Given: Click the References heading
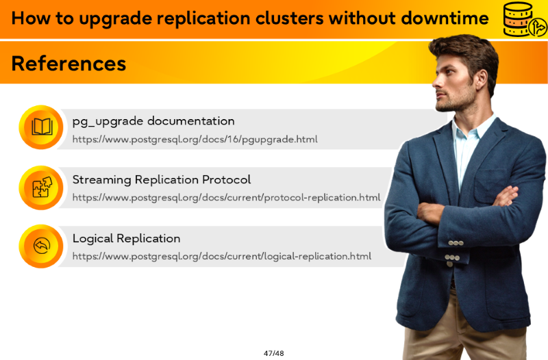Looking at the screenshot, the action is coord(68,64).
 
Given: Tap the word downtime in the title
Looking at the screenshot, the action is coord(445,18).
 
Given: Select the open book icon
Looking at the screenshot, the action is coord(42,127).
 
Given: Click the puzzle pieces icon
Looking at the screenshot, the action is coord(42,187).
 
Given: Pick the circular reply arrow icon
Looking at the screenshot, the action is coord(42,246).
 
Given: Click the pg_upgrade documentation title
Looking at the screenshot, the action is coord(153,122).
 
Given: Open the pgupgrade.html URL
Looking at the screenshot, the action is coord(195,140).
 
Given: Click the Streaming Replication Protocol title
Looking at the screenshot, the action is coord(162,180).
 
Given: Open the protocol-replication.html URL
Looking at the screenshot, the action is coord(226,198).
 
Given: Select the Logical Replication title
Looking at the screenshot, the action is coord(126,238).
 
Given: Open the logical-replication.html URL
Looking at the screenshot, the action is coord(221,256).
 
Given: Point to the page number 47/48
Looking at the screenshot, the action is coord(273,353).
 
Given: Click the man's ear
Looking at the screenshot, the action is coord(482,79).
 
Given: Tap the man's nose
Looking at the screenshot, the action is coord(436,82).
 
